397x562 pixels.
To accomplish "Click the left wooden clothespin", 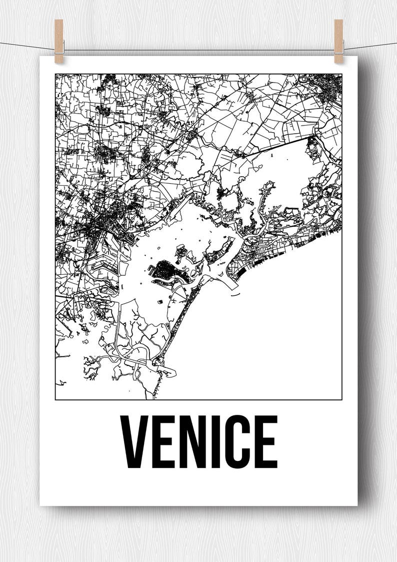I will [59, 41].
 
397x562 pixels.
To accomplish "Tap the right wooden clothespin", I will [338, 41].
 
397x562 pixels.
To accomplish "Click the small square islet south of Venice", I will [160, 302].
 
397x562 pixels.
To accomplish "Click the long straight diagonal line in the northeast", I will [280, 145].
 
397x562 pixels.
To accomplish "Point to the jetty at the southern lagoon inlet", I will [167, 371].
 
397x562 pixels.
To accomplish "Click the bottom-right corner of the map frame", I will [341, 399].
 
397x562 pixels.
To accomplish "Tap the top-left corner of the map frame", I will [55, 75].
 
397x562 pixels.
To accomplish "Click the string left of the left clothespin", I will [25, 46].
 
